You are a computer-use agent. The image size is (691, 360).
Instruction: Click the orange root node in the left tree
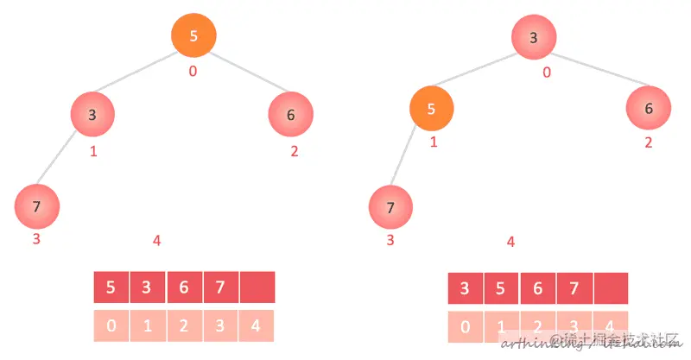(x=193, y=36)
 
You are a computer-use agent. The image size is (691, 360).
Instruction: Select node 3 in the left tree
(x=93, y=115)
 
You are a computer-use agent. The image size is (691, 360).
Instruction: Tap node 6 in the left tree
(x=290, y=115)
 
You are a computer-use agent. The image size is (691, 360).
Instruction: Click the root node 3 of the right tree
(x=534, y=37)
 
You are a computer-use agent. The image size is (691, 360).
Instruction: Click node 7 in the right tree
(x=390, y=207)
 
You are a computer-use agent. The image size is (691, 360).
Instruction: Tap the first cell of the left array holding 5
(x=111, y=287)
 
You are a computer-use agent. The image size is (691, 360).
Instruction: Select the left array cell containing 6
(x=184, y=287)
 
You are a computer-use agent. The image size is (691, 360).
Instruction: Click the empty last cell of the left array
(x=257, y=287)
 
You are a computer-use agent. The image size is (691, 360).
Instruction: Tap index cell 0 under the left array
(x=111, y=326)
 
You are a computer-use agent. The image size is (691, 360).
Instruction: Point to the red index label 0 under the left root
(x=193, y=71)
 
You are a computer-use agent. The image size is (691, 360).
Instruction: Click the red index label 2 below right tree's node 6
(x=649, y=142)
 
